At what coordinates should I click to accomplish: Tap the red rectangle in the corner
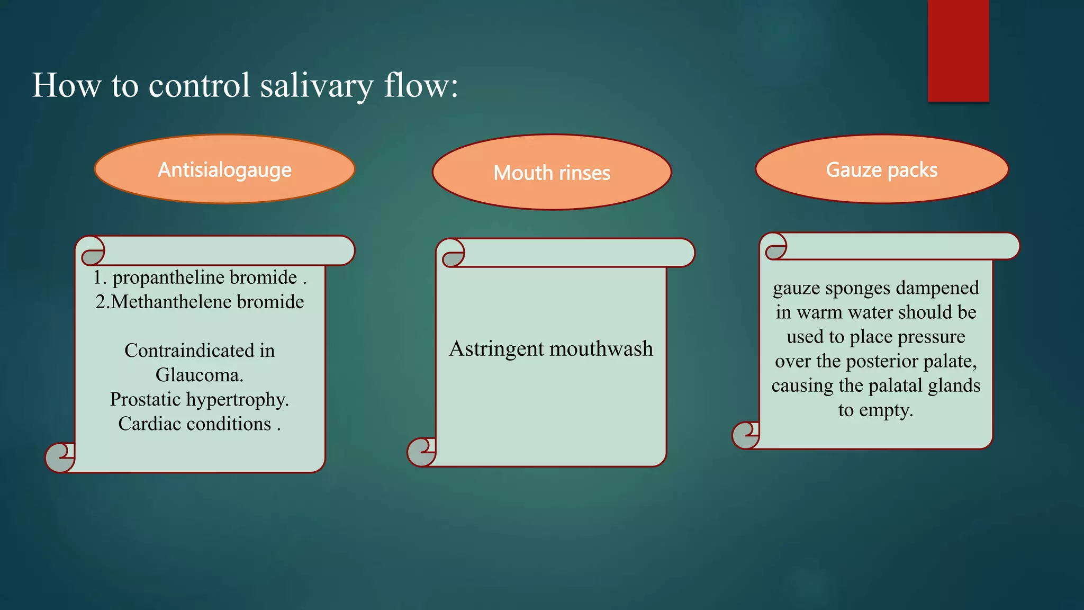[958, 50]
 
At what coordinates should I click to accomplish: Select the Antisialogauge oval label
[224, 169]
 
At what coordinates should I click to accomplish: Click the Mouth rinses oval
[552, 173]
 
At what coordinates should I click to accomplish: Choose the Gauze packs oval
[881, 169]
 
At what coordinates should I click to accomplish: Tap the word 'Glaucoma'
[198, 375]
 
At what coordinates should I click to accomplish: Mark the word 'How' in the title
[66, 86]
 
